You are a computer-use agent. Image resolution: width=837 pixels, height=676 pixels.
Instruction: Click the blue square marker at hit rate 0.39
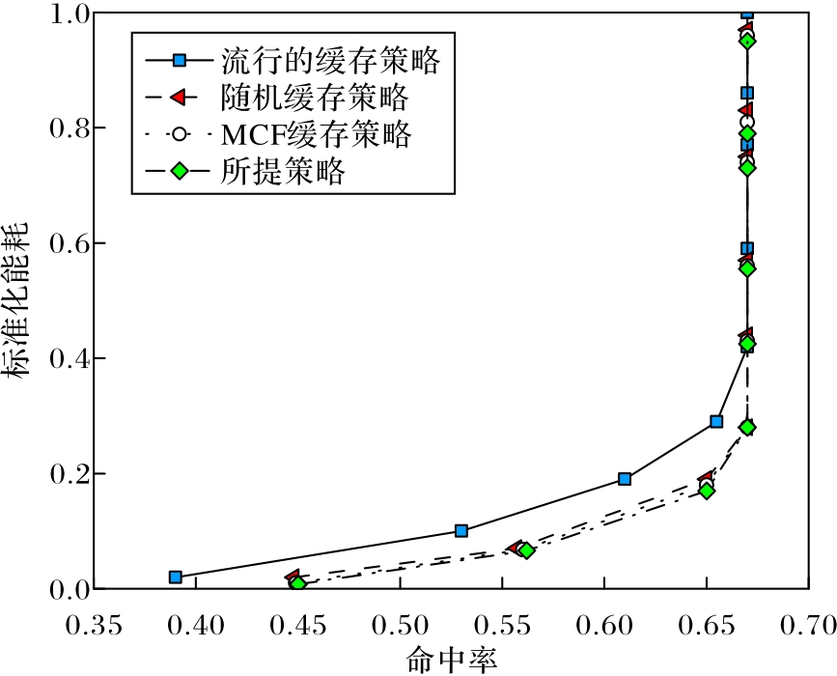(176, 577)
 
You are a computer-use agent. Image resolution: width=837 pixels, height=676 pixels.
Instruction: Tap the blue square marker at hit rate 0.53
(461, 531)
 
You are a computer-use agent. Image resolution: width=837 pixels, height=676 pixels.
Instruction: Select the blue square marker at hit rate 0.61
(625, 479)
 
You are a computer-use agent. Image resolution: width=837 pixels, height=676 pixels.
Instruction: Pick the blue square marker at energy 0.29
(716, 422)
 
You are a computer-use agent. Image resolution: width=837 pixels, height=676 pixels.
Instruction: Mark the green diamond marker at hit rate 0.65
(707, 491)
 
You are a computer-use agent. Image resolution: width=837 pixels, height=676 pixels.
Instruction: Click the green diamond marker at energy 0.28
(747, 427)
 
